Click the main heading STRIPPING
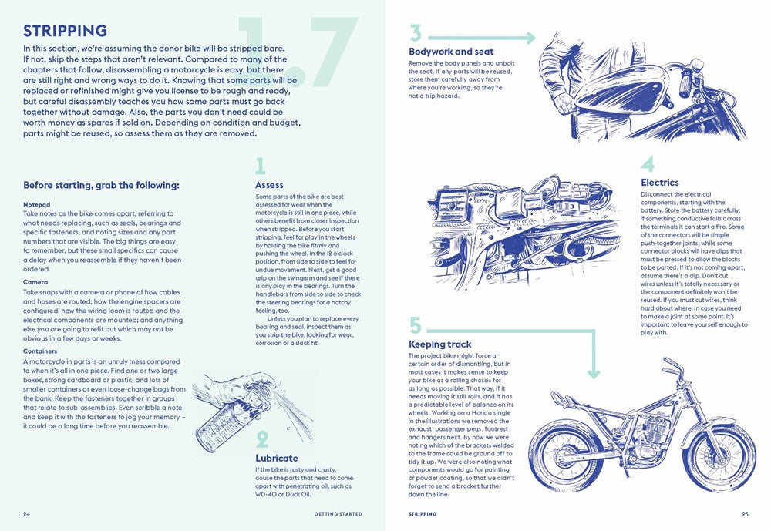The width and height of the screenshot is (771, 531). tap(65, 32)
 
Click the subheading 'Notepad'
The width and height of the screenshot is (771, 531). tap(36, 205)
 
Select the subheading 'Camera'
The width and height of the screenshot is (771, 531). tap(35, 282)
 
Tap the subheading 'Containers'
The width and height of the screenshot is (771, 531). tap(40, 351)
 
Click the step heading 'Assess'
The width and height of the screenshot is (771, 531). tap(269, 185)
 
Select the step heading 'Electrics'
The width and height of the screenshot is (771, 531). tap(660, 183)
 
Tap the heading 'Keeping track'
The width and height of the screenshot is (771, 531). tap(440, 344)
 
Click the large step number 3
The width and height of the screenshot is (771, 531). tap(416, 33)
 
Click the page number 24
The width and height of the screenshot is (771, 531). tap(27, 514)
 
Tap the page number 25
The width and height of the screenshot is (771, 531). tap(744, 514)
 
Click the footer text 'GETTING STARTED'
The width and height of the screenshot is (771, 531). tap(337, 514)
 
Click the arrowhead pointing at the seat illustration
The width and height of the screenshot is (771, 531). tap(530, 38)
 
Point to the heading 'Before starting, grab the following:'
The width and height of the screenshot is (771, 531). tap(101, 185)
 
